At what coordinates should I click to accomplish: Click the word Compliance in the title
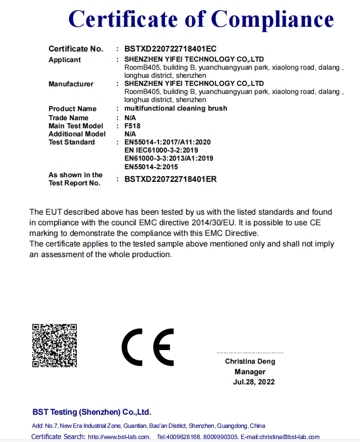[273, 19]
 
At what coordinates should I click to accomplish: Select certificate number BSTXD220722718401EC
[170, 49]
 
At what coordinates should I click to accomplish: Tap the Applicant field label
[64, 60]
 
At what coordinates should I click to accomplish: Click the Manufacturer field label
[71, 84]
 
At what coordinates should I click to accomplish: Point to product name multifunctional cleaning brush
[175, 109]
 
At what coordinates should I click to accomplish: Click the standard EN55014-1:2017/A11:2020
[167, 142]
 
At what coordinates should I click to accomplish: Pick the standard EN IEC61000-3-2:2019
[161, 150]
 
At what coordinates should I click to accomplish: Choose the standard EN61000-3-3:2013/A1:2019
[168, 158]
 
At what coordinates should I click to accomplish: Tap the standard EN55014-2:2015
[151, 166]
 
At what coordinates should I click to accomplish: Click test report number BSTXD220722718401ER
[170, 179]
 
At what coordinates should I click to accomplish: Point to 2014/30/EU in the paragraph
[213, 222]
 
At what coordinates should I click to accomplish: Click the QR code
[55, 346]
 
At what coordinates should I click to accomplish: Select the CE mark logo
[148, 347]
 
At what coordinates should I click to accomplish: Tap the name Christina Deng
[250, 362]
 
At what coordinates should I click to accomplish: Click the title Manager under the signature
[250, 372]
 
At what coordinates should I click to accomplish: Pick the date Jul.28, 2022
[254, 382]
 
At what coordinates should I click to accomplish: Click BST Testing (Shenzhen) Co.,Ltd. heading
[92, 412]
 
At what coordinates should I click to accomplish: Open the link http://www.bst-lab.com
[119, 437]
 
